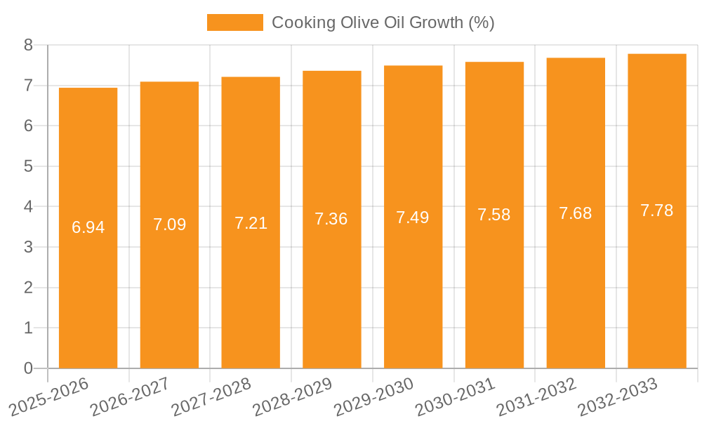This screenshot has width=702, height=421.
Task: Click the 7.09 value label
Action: pos(169,225)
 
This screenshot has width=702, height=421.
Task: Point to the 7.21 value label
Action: pos(251,223)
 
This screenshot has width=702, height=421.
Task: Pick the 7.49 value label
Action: pos(413,218)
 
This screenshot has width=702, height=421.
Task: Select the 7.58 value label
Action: pos(494,215)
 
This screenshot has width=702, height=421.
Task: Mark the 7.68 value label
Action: pos(576,213)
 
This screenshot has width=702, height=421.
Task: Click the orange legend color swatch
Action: pos(234,22)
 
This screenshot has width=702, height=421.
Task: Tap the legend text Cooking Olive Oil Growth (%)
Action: pos(383,22)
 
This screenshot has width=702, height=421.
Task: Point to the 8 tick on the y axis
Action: pos(28,45)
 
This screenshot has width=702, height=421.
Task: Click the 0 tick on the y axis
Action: pos(28,368)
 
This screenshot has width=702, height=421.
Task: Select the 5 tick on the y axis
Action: pos(28,166)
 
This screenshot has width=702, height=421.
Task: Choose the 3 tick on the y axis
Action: pos(28,247)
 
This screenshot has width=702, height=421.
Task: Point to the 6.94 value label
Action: pos(88,227)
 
